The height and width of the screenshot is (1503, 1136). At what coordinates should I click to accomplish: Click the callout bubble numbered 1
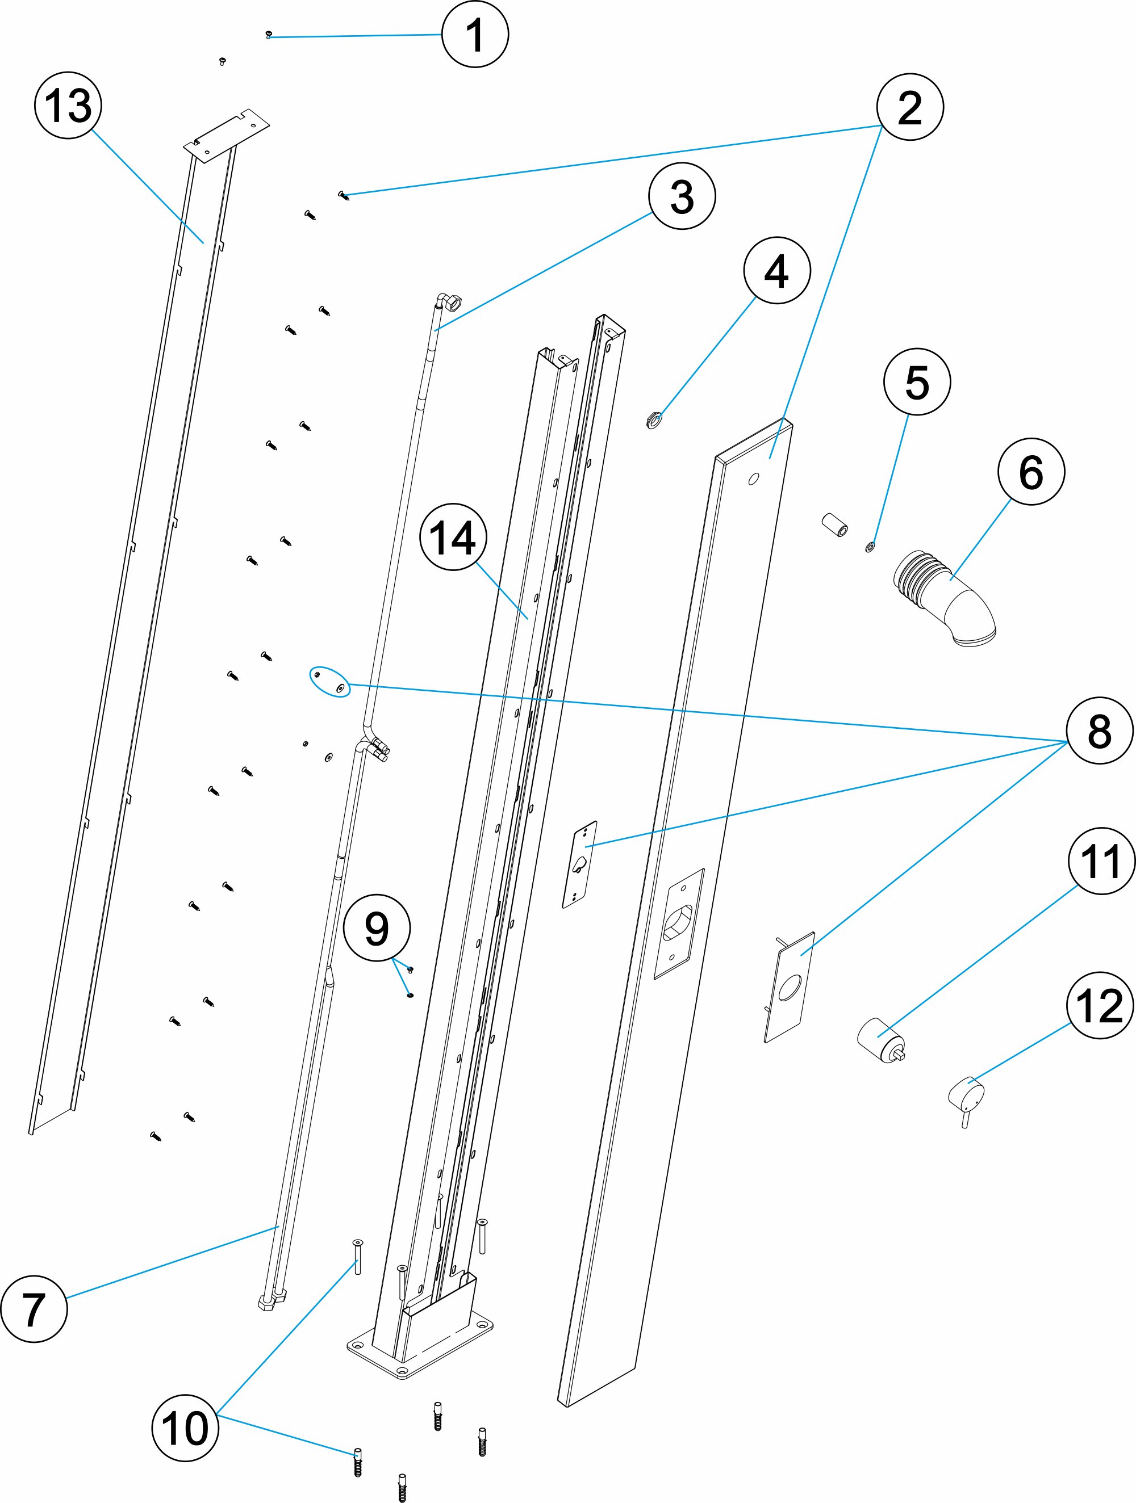tap(475, 34)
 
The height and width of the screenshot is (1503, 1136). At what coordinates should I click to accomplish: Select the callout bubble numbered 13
tap(68, 106)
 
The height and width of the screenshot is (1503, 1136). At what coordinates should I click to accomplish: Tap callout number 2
tap(909, 107)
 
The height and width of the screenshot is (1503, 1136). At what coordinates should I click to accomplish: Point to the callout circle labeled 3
tap(682, 196)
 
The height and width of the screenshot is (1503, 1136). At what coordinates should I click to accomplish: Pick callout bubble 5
tap(917, 382)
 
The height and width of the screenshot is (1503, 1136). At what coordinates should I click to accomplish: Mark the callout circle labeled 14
tap(453, 538)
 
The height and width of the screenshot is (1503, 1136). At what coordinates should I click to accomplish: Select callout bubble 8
tap(1099, 731)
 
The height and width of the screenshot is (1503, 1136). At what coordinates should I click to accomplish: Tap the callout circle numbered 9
tap(377, 928)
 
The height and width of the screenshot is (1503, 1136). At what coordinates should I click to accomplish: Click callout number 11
tap(1101, 861)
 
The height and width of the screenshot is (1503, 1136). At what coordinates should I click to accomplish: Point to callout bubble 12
tap(1100, 1005)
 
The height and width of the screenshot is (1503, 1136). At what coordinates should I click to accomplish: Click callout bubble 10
tap(185, 1428)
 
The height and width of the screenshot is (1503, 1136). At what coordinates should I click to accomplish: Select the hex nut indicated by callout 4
tap(653, 422)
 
